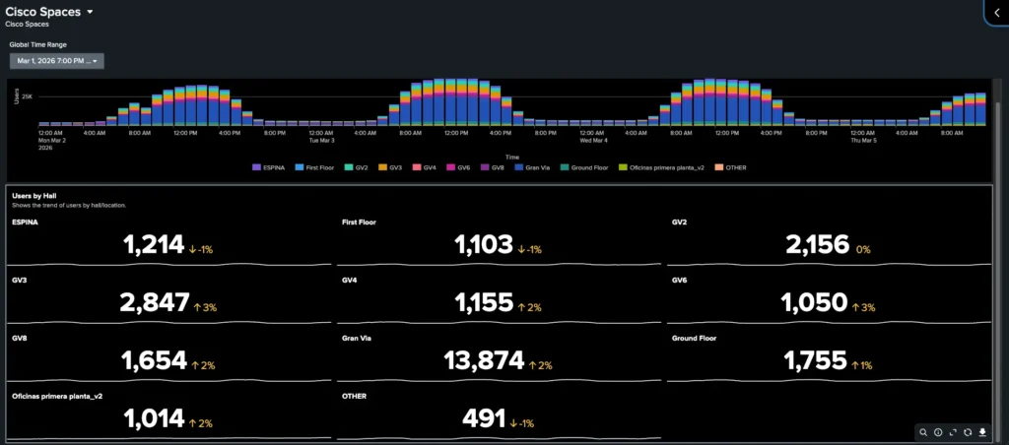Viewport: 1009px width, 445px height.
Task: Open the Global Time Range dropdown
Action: (57, 61)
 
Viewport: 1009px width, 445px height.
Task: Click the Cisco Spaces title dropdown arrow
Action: (90, 12)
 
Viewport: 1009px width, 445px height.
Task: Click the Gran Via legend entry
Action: (536, 167)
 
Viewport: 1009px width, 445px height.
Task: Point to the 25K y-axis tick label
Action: (27, 96)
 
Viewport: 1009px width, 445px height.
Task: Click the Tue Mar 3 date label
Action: (321, 141)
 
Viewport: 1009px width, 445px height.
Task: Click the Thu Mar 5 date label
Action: (862, 141)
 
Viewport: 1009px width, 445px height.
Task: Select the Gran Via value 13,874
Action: (484, 361)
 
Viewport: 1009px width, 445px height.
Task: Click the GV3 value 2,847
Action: (154, 303)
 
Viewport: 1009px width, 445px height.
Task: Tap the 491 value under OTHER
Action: (484, 419)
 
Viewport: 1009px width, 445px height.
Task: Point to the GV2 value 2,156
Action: (818, 245)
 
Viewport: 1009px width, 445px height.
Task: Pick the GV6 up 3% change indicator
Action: (862, 307)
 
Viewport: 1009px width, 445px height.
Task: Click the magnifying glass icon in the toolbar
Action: (923, 432)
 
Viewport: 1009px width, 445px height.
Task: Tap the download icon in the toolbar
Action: (982, 432)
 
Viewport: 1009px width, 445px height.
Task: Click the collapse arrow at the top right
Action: (997, 12)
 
